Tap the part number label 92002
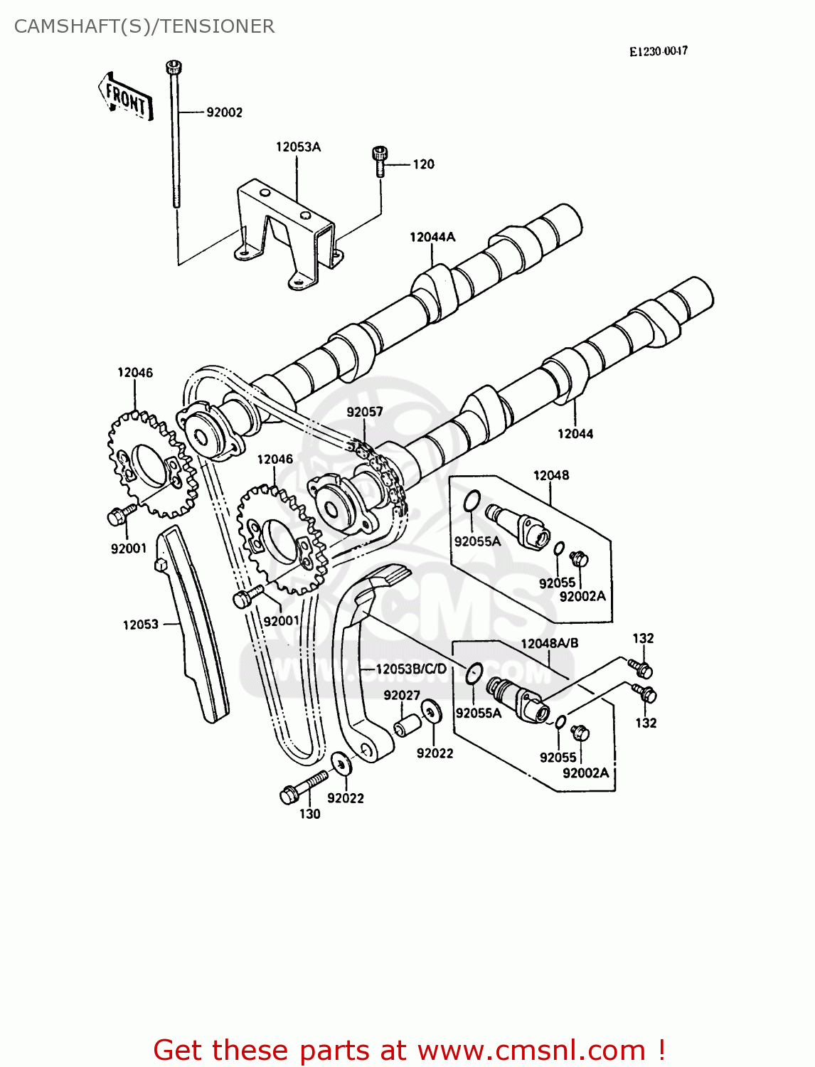pos(224,112)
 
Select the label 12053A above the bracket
pos(298,147)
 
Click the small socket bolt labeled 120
pos(380,161)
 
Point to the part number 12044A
pos(432,237)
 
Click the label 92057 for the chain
pos(365,412)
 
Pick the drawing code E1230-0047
pos(658,51)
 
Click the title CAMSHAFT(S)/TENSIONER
pos(144,26)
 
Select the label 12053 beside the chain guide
pos(140,625)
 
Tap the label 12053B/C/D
pos(410,669)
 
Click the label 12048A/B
pos(549,643)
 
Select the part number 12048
pos(550,475)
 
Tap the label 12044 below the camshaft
pos(575,433)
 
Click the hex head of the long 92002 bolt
pos(174,68)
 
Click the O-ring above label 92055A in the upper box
pos(472,501)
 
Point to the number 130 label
pos(309,814)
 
